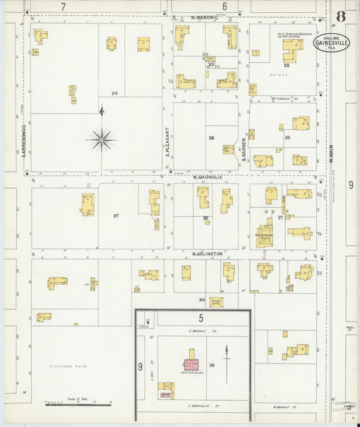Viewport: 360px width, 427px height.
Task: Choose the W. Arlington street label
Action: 207,254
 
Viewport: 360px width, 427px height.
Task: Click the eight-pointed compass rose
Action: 102,140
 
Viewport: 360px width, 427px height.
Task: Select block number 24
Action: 115,93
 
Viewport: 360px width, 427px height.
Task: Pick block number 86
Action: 211,138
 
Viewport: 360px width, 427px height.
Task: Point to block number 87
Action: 116,216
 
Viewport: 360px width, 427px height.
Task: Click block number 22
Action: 286,66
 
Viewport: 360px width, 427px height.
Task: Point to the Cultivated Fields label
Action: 68,366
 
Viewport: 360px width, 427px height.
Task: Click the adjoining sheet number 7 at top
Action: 63,6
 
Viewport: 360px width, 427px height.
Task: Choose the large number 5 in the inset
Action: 201,318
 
